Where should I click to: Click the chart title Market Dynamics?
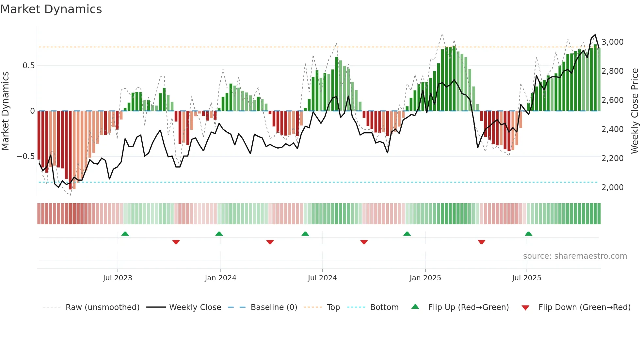point(51,9)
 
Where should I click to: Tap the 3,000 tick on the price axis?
point(612,42)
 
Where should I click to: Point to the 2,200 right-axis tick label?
point(612,158)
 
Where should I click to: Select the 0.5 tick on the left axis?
point(28,66)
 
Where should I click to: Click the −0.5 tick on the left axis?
point(26,156)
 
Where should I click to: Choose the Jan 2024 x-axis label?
point(220,278)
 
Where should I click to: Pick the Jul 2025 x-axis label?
point(526,278)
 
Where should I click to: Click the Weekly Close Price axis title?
point(634,111)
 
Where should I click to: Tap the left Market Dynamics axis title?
point(5,111)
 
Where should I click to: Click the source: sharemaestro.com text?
point(575,256)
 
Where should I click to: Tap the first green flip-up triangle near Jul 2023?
point(125,234)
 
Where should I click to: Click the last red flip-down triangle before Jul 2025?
point(481,242)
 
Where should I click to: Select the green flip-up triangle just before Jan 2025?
point(407,234)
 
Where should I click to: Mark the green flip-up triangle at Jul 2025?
point(528,234)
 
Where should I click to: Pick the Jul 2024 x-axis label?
point(322,278)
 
